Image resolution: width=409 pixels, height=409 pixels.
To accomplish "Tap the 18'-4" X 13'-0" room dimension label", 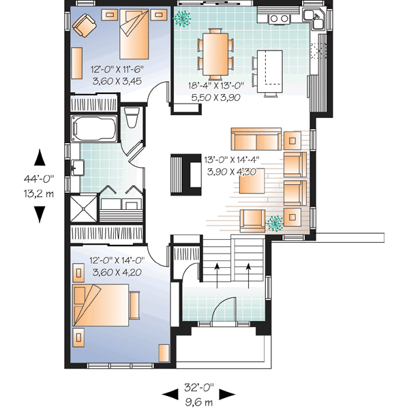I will coord(215,85).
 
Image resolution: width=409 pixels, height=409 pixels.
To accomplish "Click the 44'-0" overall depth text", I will coord(40,179).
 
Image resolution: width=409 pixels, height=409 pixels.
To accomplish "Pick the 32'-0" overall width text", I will coord(198,388).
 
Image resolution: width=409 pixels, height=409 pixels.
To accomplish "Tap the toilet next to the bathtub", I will coord(133,118).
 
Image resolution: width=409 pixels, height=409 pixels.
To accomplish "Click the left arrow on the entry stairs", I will coord(217,270).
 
